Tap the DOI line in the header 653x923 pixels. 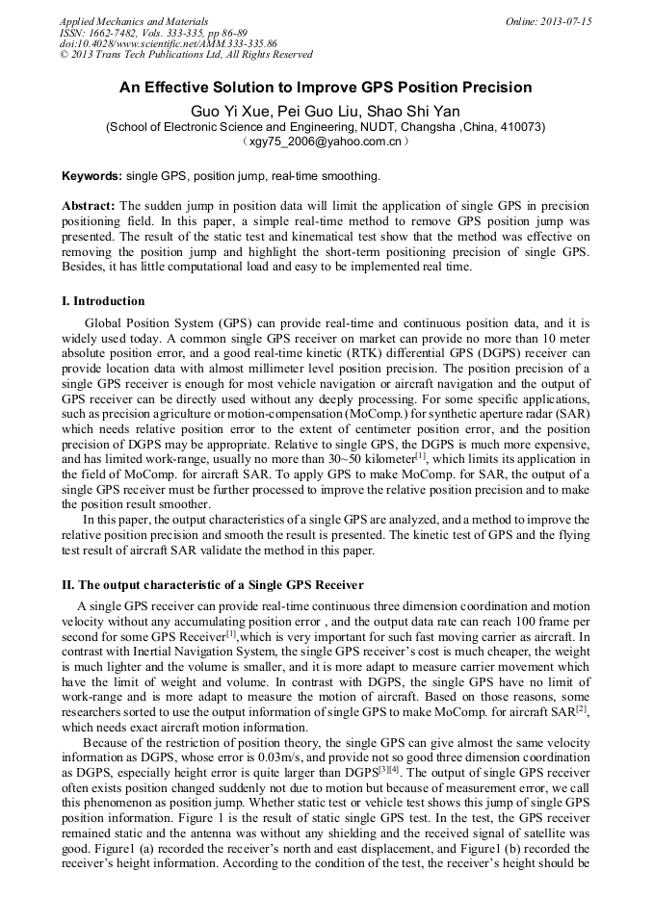pyautogui.click(x=168, y=43)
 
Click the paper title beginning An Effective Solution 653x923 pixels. pyautogui.click(x=326, y=88)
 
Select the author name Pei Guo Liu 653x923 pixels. pyautogui.click(x=322, y=109)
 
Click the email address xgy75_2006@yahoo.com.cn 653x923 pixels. pyautogui.click(x=325, y=141)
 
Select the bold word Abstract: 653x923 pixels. pyautogui.click(x=89, y=206)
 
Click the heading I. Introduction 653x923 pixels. pyautogui.click(x=103, y=301)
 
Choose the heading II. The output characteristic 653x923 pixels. pyautogui.click(x=212, y=585)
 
